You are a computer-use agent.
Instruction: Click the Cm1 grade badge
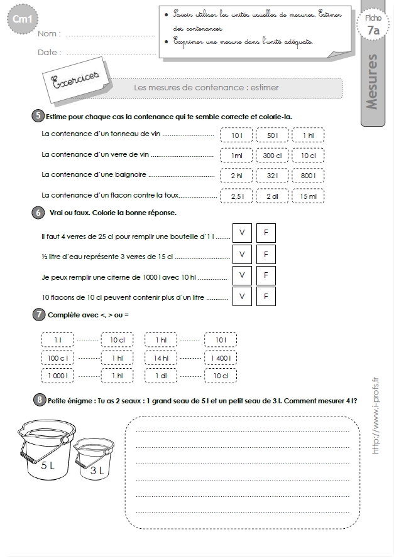point(22,19)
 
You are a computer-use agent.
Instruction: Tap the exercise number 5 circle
point(38,116)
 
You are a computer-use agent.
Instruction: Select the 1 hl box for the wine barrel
point(308,135)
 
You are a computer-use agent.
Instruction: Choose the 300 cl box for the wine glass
point(272,156)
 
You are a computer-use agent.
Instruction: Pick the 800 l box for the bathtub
point(308,176)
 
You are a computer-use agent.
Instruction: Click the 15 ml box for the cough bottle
point(308,196)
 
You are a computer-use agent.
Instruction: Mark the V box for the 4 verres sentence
point(242,233)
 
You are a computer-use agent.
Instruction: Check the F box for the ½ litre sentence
point(266,254)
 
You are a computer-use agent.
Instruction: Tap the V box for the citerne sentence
point(242,275)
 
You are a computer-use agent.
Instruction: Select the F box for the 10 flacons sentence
point(266,296)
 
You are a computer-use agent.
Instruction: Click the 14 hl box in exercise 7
point(161,358)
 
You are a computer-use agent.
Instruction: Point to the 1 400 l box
point(221,358)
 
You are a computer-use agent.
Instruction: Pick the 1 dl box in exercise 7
point(161,376)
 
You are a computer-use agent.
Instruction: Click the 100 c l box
point(58,358)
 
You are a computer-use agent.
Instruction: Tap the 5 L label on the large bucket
point(48,465)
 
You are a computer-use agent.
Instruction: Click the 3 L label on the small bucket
point(97,470)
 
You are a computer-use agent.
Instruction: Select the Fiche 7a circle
point(373,25)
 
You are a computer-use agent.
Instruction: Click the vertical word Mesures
point(372,82)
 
